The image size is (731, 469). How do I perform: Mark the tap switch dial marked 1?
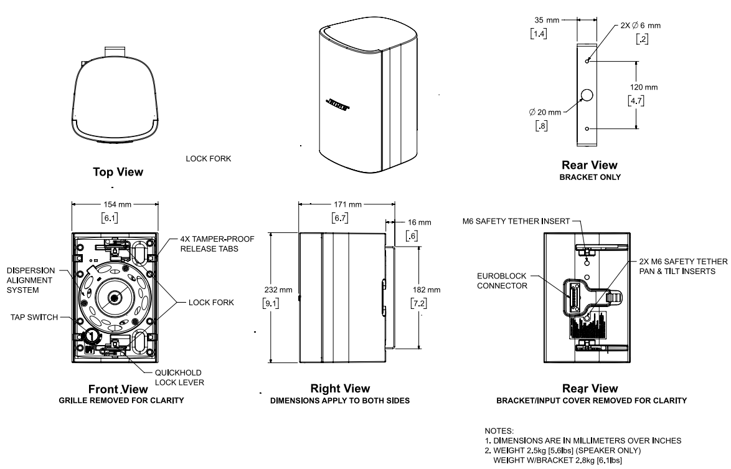(92, 336)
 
